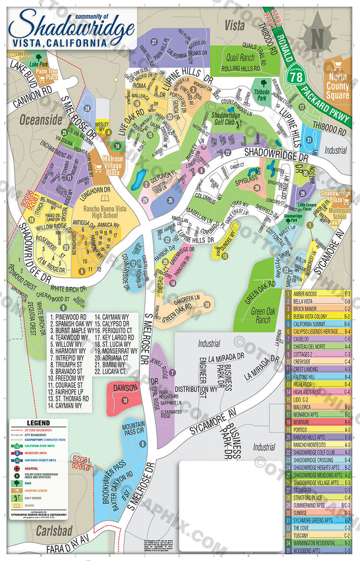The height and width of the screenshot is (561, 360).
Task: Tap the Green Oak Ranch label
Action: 261,316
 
